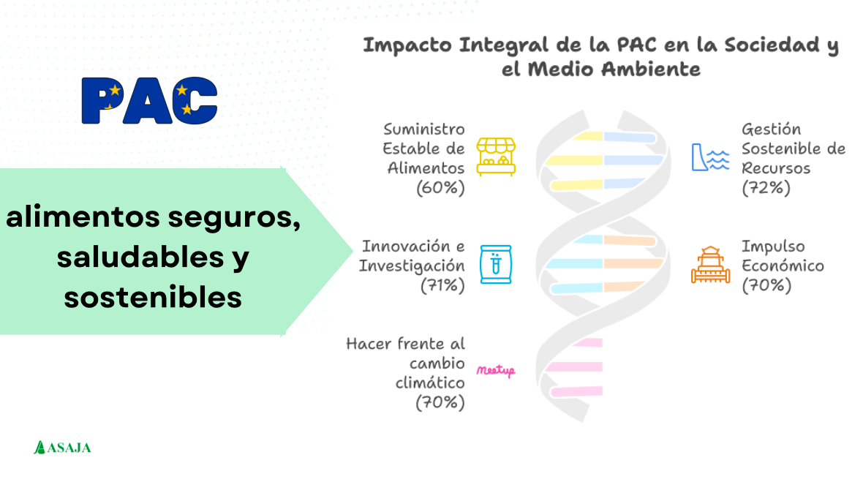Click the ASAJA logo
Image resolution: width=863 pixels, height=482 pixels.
tap(62, 448)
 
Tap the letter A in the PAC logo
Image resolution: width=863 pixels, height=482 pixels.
tap(148, 101)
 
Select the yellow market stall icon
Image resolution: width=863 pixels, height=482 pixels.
tap(496, 157)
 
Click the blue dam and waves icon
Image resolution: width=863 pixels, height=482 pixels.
tap(711, 157)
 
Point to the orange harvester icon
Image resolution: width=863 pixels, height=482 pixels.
tap(711, 265)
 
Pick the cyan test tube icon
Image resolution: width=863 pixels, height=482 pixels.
tap(496, 265)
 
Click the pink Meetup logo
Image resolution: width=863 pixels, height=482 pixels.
tap(496, 371)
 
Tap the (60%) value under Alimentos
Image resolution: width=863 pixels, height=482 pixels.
tap(440, 188)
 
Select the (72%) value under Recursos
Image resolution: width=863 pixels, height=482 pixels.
tap(766, 188)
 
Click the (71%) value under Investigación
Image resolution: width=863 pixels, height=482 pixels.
tap(442, 285)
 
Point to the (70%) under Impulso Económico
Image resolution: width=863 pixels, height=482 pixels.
tap(766, 285)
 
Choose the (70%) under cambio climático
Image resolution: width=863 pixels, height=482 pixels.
tap(440, 403)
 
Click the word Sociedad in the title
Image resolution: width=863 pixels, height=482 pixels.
tap(772, 45)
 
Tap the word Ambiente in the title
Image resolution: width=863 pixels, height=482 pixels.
tap(651, 69)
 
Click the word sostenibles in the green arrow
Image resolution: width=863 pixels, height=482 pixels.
tap(153, 297)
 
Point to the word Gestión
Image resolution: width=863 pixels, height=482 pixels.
tap(771, 130)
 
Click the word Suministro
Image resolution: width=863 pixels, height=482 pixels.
tap(424, 129)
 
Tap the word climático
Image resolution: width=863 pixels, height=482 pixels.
tap(430, 383)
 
